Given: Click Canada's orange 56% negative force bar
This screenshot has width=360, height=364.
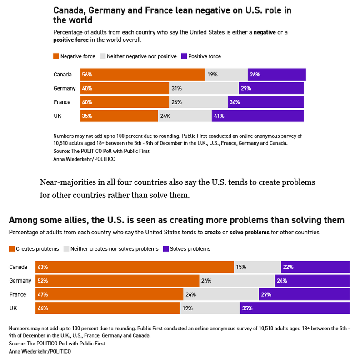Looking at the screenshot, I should [142, 75].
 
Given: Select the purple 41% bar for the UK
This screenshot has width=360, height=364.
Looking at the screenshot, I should [257, 116].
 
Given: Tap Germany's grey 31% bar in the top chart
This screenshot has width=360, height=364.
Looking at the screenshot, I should [204, 88].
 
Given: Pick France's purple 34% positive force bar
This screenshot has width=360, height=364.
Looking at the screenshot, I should [265, 102].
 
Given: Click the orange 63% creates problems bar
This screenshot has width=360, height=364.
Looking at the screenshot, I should [135, 267].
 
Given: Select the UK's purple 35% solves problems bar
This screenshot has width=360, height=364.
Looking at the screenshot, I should [295, 308].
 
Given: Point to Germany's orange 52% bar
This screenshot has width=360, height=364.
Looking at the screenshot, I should [117, 281].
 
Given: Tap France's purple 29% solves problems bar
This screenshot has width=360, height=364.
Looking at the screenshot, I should [305, 295].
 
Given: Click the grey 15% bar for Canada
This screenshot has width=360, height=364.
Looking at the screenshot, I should [257, 267].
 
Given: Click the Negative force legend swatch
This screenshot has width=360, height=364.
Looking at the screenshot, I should [56, 56].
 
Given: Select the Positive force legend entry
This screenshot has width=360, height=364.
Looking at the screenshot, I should [201, 56].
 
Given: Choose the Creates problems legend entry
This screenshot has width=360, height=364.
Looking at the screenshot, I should [34, 249].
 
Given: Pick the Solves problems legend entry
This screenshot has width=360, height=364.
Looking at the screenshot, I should [186, 249].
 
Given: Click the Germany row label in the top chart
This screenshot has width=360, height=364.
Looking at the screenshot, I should [64, 88].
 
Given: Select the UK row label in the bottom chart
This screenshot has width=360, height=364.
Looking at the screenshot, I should [13, 308].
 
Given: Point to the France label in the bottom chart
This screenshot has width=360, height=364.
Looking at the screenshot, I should [18, 295].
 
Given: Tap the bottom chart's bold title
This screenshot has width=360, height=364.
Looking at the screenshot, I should [177, 220].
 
